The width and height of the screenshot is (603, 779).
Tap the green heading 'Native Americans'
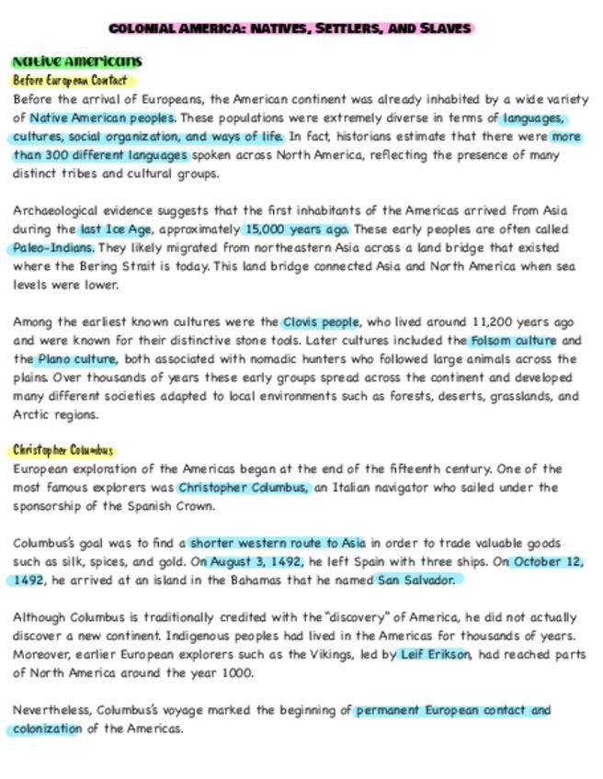tap(77, 62)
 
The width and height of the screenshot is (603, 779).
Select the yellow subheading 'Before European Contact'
tap(70, 80)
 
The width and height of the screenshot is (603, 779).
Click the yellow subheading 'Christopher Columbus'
tap(63, 450)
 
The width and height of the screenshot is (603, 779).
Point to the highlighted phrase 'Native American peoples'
tap(102, 119)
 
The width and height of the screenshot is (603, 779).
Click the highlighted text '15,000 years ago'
tap(297, 230)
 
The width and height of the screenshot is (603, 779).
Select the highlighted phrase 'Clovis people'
tap(320, 322)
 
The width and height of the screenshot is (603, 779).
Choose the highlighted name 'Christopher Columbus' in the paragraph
tap(244, 488)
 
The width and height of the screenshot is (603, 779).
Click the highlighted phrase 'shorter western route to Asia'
tap(278, 543)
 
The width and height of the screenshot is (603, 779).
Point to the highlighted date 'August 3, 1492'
tap(251, 562)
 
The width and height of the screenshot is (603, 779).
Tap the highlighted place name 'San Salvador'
tap(415, 581)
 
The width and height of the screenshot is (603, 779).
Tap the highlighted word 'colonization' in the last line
tap(47, 729)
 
